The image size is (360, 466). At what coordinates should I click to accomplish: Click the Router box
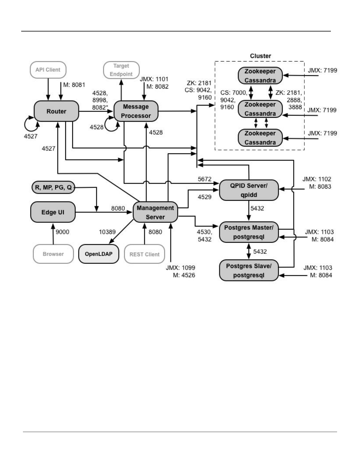56,111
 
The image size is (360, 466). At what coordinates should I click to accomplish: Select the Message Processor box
136,111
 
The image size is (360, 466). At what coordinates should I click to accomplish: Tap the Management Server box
155,212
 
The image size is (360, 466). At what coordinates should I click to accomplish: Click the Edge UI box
53,212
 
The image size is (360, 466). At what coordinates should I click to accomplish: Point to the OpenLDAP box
99,254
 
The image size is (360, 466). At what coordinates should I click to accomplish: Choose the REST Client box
144,254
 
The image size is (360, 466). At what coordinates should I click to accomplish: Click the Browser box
53,254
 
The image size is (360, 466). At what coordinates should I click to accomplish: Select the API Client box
48,70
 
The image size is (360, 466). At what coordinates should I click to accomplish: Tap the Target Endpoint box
121,70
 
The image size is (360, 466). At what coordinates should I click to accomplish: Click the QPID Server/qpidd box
249,190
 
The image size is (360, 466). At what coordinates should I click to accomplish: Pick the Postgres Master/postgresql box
249,232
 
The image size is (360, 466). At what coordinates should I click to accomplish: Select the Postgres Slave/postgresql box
249,270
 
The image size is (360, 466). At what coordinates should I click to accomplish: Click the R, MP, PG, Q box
53,187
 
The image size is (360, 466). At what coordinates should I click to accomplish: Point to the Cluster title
260,56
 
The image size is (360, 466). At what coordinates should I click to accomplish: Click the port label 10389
107,232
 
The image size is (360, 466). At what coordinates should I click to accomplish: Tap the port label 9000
62,232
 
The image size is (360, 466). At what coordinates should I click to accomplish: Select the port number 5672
204,179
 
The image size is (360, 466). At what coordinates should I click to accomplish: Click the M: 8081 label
74,85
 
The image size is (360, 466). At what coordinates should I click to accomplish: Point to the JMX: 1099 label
180,268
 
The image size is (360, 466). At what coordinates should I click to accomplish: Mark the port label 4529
204,197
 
